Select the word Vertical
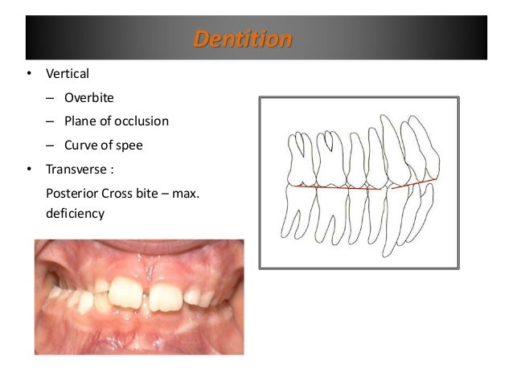tap(68, 74)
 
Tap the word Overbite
tap(89, 98)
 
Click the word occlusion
tap(140, 121)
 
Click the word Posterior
tap(74, 193)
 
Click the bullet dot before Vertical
tap(30, 75)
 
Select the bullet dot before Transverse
tap(30, 170)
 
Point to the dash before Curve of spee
tap(50, 145)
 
